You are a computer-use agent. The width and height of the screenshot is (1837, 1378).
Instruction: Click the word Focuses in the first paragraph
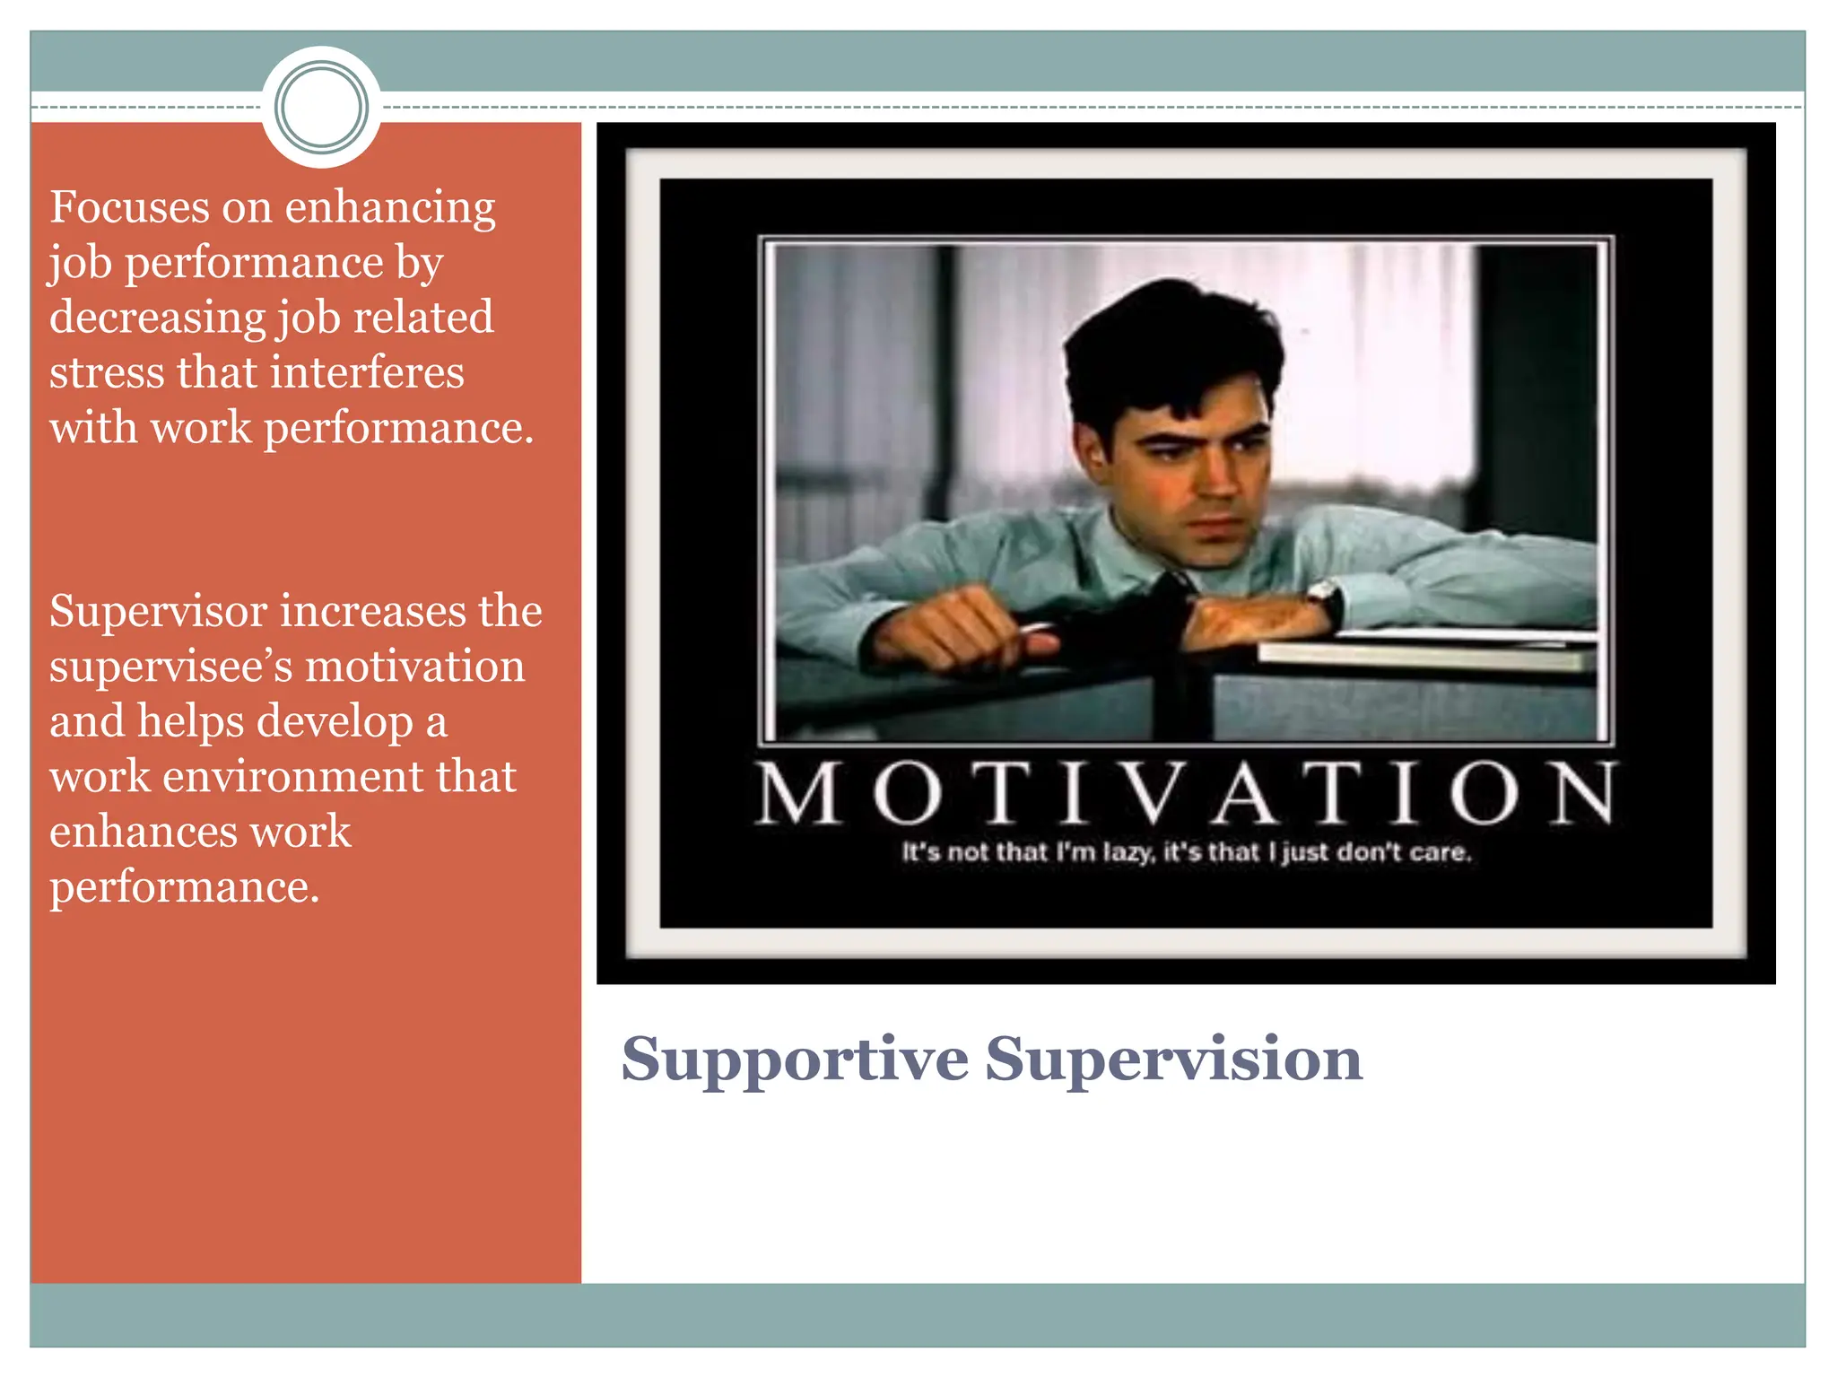click(128, 207)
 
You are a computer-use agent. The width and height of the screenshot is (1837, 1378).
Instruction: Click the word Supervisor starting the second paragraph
click(158, 612)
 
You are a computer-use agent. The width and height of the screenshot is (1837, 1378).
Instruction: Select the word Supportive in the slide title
click(795, 1060)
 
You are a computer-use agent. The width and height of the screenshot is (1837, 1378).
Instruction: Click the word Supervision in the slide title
click(1173, 1060)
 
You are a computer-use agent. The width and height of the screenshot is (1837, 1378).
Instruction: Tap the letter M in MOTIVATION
click(799, 793)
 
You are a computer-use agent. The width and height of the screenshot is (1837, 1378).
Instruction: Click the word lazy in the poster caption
click(1126, 852)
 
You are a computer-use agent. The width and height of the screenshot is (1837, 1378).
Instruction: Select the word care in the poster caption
click(1439, 852)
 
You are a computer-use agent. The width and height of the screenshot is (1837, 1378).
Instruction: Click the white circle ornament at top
click(321, 107)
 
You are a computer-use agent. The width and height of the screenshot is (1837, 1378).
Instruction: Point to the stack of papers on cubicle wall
click(1426, 652)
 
